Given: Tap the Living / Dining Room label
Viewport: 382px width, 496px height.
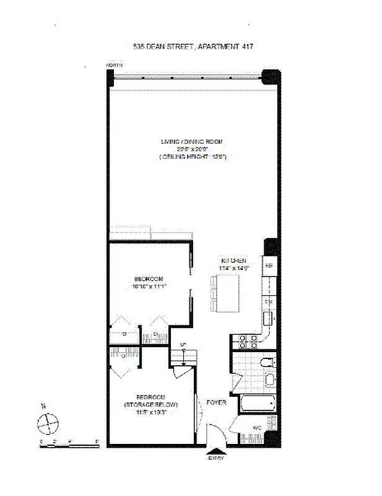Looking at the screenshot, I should pyautogui.click(x=191, y=142).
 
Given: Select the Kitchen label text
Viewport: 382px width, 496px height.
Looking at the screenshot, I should pyautogui.click(x=233, y=261).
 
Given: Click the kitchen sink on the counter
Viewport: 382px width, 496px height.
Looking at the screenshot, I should pyautogui.click(x=269, y=319).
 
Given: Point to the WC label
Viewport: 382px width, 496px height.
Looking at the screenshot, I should pyautogui.click(x=256, y=427).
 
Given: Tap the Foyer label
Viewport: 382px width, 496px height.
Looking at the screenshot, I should pyautogui.click(x=217, y=403).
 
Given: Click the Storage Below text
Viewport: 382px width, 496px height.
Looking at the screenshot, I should pyautogui.click(x=150, y=404).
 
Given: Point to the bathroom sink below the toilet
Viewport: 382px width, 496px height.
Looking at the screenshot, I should pyautogui.click(x=270, y=379).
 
